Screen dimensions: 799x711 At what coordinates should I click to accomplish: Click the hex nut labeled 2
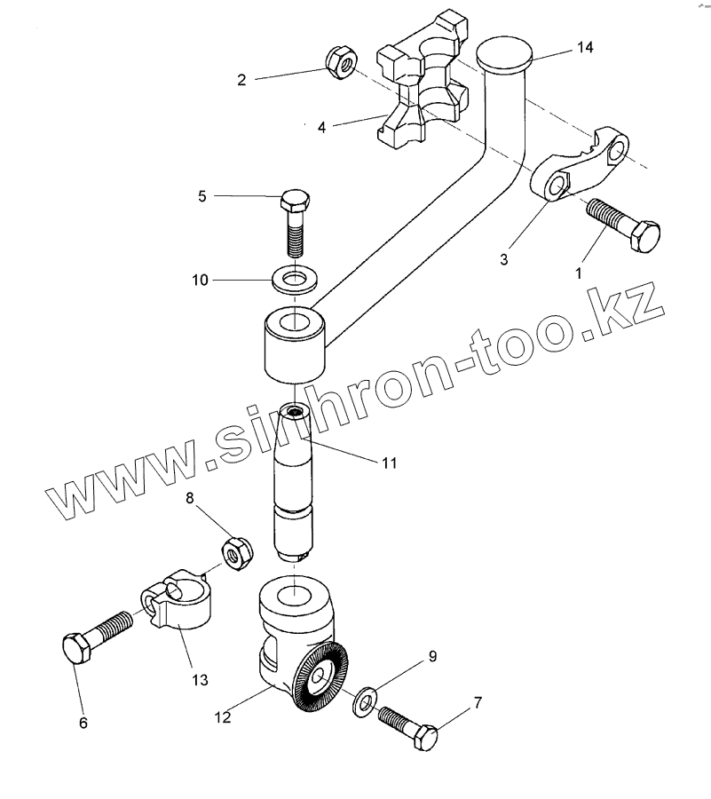click(x=341, y=62)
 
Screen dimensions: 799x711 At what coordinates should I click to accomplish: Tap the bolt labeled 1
click(x=625, y=226)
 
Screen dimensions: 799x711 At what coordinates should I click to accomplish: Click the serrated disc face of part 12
click(x=320, y=682)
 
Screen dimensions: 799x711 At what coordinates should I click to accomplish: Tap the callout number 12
click(x=222, y=716)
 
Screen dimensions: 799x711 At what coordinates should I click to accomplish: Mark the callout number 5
click(x=201, y=196)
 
